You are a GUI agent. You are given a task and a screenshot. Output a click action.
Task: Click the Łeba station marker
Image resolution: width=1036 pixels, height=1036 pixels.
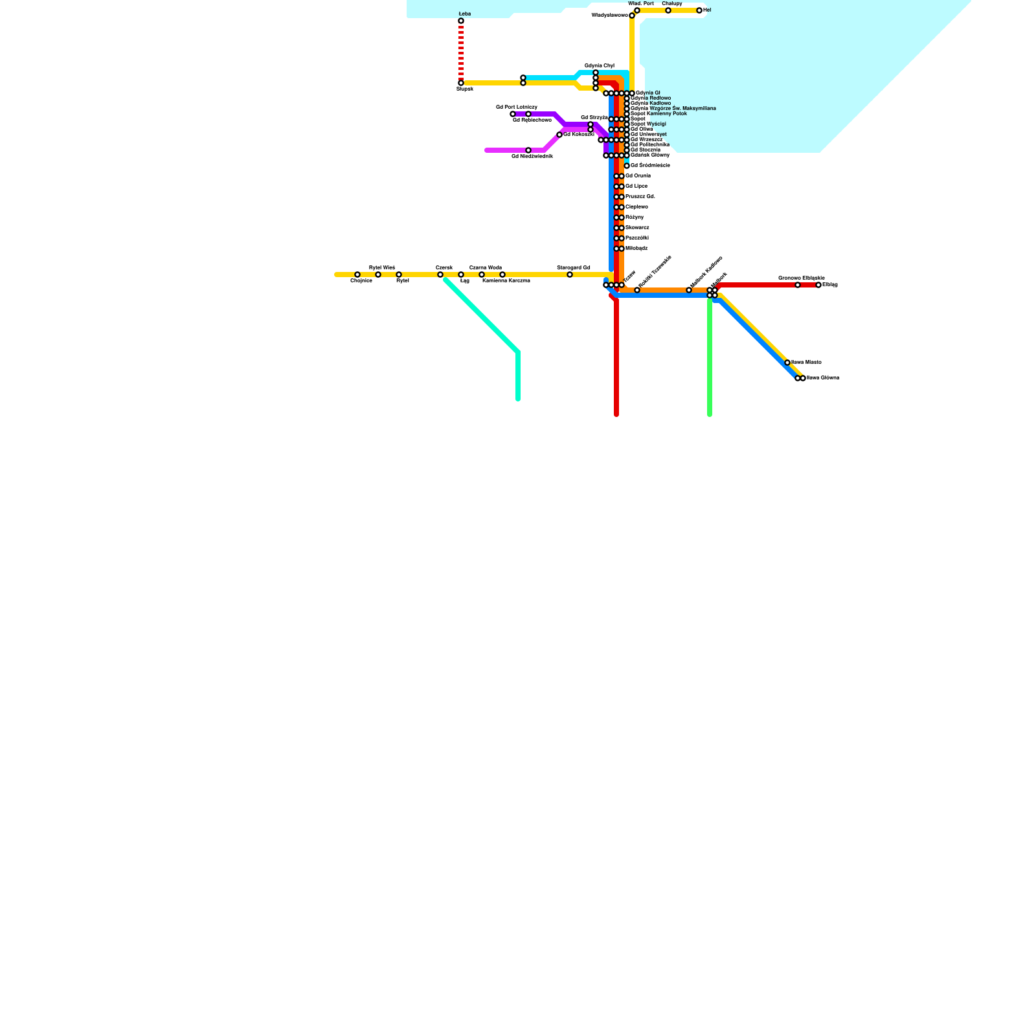461,21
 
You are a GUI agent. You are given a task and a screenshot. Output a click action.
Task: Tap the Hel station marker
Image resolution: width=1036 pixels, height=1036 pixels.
699,10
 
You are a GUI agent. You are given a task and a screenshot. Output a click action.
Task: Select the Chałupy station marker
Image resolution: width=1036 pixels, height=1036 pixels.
668,10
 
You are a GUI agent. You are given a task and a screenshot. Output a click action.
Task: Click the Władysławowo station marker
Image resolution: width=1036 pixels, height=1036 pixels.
632,16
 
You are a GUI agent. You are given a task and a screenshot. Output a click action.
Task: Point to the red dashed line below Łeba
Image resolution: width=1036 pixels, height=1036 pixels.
461,52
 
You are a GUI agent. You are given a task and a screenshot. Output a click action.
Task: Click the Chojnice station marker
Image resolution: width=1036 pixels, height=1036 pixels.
357,275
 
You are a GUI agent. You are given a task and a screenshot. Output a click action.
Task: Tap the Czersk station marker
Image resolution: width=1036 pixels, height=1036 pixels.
440,275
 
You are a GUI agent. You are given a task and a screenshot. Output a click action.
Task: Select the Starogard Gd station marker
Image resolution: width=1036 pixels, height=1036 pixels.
570,275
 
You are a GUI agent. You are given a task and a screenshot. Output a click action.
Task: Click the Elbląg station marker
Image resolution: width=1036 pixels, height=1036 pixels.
818,285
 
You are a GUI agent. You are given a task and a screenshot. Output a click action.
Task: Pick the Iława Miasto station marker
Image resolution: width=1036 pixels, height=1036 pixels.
787,363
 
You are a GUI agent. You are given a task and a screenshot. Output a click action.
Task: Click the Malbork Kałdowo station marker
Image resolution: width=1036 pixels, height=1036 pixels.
689,290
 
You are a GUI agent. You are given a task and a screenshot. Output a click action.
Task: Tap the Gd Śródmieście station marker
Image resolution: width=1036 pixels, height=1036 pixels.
627,166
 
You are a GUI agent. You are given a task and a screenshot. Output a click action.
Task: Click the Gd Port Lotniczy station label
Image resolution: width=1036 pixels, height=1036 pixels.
516,107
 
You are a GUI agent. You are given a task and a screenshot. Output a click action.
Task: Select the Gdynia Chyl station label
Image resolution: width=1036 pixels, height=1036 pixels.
599,65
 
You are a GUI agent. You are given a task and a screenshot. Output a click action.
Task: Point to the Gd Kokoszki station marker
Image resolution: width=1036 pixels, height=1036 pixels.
559,135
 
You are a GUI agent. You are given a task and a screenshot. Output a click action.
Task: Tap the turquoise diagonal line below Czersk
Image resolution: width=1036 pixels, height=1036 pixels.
482,316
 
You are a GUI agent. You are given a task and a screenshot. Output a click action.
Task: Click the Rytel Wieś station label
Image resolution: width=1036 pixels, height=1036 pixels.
381,267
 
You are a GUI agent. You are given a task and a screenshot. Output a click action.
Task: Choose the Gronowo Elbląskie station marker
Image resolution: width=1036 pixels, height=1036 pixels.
798,285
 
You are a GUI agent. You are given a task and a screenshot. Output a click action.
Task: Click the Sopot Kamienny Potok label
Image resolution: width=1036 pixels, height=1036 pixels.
659,113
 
